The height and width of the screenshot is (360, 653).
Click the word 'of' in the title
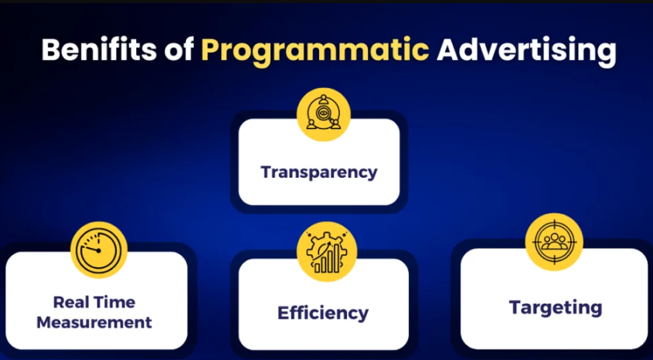[173, 51]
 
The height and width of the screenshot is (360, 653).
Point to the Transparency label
[319, 172]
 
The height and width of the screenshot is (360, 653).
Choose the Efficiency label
[323, 313]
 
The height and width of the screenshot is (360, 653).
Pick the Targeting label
[556, 308]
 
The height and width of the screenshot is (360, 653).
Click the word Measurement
[94, 323]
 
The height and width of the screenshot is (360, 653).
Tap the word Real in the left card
[72, 302]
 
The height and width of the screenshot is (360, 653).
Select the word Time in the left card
[115, 302]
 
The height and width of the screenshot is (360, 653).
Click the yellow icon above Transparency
[324, 114]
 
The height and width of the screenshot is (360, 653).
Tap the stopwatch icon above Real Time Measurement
[99, 250]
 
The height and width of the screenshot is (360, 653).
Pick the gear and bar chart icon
[326, 251]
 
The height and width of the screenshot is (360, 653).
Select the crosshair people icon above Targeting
[554, 242]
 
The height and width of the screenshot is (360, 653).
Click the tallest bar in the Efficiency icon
[336, 257]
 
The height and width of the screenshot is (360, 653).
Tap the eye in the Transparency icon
[321, 112]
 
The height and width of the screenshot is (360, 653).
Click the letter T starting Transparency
[267, 172]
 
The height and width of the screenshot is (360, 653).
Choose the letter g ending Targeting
[597, 311]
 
